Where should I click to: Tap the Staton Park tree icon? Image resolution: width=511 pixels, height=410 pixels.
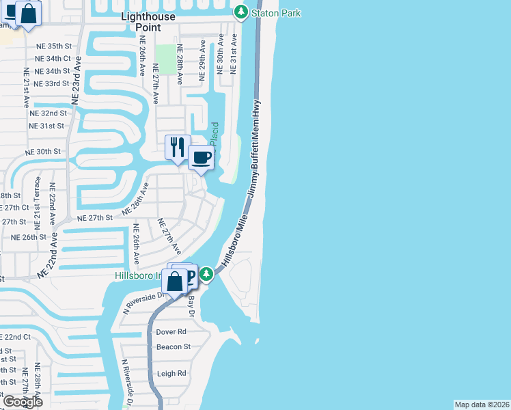(x=240, y=12)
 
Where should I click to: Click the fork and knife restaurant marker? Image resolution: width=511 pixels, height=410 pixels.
(x=178, y=147)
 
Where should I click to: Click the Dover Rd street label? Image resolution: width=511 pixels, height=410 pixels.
(x=171, y=331)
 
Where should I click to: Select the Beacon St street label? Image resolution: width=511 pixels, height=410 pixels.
(x=173, y=346)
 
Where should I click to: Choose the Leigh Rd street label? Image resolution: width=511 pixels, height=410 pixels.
(x=171, y=373)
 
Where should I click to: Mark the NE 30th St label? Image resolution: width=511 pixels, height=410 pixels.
(x=43, y=152)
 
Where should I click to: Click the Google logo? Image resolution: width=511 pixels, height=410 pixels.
(x=22, y=401)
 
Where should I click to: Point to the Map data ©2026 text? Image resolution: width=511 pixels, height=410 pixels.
(x=482, y=405)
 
